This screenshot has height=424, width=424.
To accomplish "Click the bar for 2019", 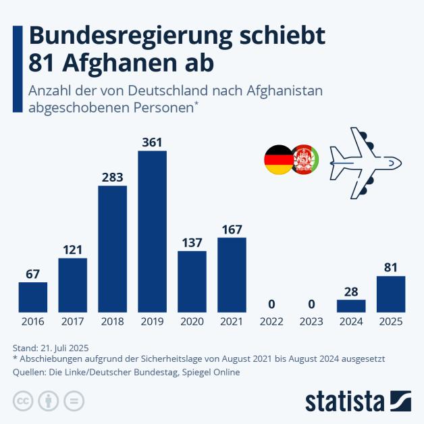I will [152, 231].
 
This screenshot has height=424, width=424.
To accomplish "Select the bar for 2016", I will [32, 297].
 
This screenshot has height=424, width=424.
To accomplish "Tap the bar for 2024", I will [351, 306].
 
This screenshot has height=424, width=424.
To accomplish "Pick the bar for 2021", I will [232, 274].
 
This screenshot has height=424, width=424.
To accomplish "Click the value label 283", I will [112, 177].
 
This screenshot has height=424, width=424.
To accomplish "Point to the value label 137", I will [192, 242].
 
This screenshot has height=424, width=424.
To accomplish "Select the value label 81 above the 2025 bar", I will [391, 267].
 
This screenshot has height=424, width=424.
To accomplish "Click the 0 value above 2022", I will [271, 303].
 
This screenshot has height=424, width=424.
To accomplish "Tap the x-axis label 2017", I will [72, 322].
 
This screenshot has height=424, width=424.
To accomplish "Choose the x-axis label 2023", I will [311, 322].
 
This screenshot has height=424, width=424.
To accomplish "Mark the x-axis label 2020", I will [192, 322].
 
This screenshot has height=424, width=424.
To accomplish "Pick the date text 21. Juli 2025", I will [70, 347].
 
